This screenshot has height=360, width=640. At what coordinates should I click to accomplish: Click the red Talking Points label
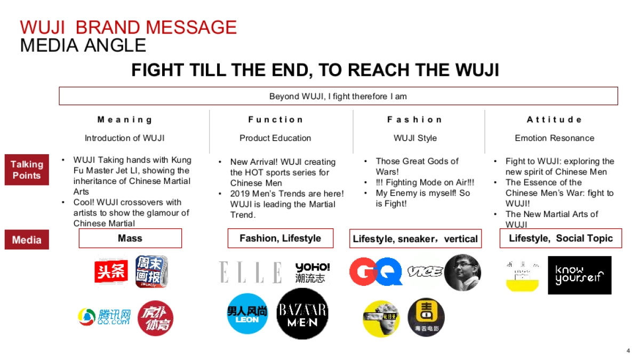pos(27,170)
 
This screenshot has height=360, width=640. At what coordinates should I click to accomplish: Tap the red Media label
pos(27,240)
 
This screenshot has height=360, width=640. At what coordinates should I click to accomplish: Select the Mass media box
pos(130,238)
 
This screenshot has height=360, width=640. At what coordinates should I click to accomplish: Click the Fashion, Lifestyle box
pos(280,238)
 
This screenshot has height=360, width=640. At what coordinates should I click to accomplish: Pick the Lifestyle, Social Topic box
pos(561,238)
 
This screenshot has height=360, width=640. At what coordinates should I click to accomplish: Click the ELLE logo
pos(250,272)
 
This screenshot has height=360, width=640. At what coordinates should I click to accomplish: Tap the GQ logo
pos(375,272)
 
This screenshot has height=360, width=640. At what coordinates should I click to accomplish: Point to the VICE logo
pos(425,272)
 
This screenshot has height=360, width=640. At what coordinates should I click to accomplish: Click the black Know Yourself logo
pos(579,275)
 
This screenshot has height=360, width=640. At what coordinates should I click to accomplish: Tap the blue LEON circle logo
pos(247,314)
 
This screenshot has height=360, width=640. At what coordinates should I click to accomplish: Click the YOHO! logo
pos(313,272)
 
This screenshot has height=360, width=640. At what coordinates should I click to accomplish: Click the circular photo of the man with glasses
pos(462,272)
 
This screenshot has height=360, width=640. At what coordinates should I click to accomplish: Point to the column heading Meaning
pos(125,119)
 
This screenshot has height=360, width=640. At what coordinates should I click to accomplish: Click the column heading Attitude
pos(554,119)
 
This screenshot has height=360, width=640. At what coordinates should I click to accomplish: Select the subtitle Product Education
pos(275,138)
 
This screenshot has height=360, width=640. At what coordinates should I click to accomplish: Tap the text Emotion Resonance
pos(554,138)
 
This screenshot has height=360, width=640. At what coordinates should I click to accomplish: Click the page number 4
pos(628,350)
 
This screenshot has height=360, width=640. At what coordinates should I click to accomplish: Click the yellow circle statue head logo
pos(381,318)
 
